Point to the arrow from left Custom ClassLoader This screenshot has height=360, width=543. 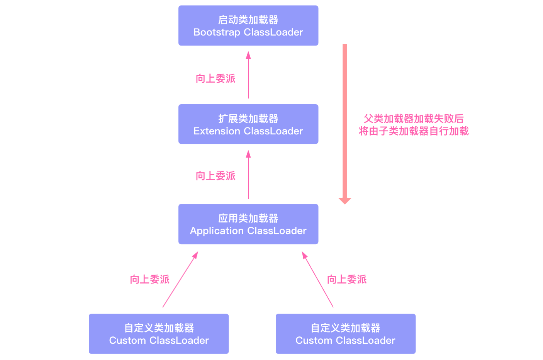tap(180, 280)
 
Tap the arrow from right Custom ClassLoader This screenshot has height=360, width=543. tap(317, 280)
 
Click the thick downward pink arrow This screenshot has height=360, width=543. tap(344, 124)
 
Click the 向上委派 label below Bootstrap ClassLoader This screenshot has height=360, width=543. tap(216, 79)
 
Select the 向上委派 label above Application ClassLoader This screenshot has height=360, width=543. tap(216, 176)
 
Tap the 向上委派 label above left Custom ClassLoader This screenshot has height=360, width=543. tap(149, 280)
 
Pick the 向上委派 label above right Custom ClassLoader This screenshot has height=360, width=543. tap(347, 280)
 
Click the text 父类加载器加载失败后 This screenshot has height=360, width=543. tap(413, 119)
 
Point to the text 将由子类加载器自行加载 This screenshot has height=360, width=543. tap(413, 131)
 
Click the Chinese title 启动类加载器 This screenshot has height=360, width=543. tap(248, 20)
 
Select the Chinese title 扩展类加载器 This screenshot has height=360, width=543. tap(248, 119)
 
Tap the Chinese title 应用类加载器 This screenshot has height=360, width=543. tap(248, 218)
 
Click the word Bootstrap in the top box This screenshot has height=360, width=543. tap(217, 32)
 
